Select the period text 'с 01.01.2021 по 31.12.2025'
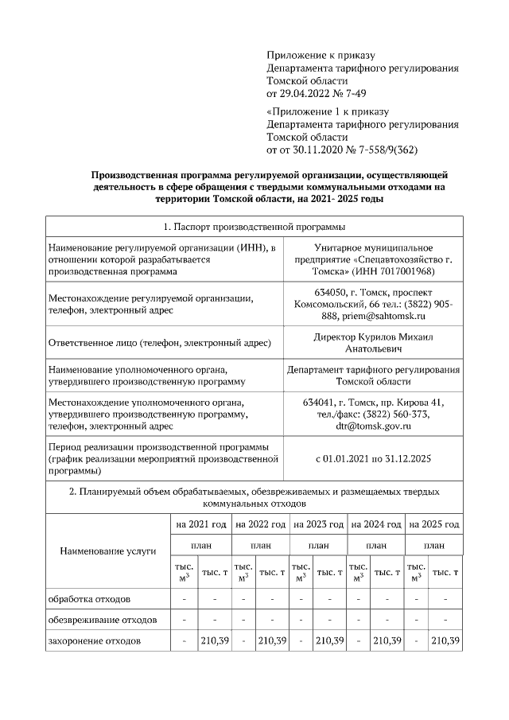click(x=374, y=459)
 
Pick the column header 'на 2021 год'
click(x=201, y=524)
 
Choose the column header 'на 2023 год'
click(x=318, y=524)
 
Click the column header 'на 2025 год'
click(x=433, y=524)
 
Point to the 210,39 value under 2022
click(x=272, y=640)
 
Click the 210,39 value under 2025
click(x=445, y=640)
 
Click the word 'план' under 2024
click(x=376, y=546)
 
